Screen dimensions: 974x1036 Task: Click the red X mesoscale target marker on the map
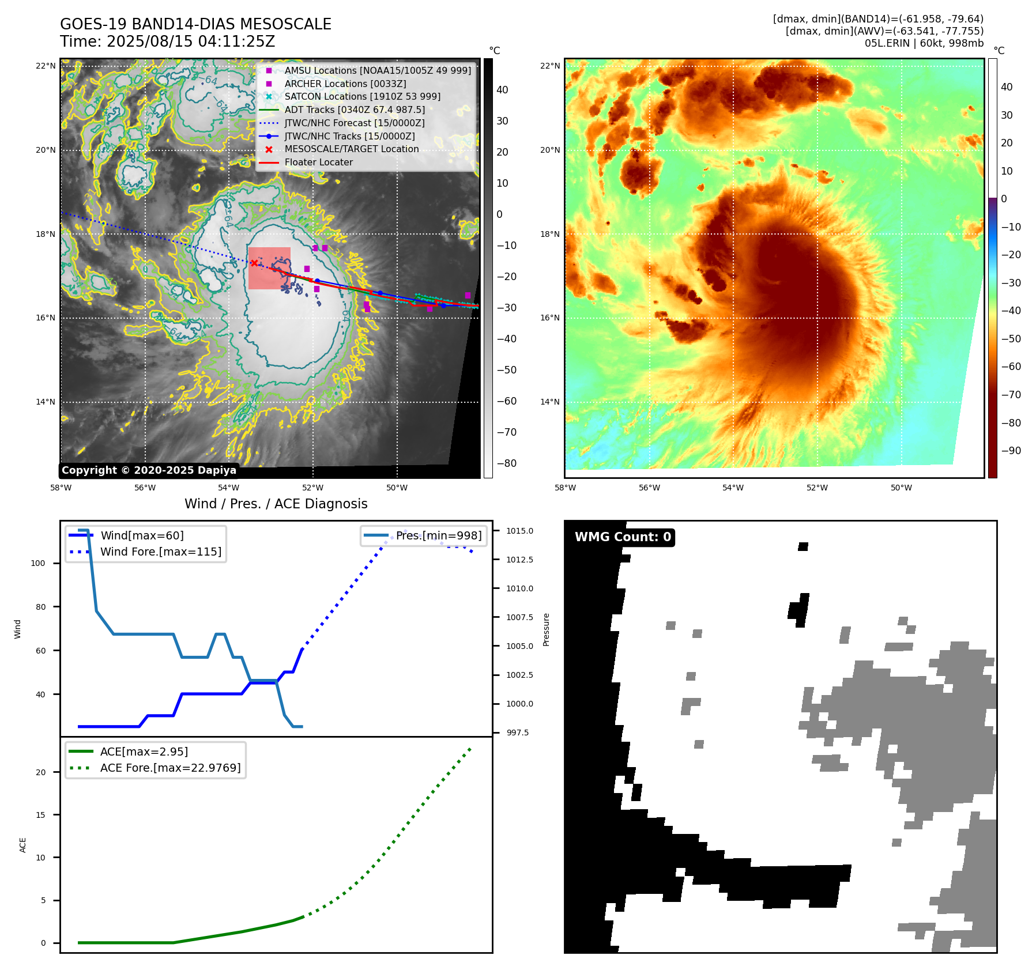(x=254, y=263)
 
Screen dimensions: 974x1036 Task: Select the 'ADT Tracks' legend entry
(x=354, y=110)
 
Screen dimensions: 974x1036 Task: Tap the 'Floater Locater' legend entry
(x=318, y=163)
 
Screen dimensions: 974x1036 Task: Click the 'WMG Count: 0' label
(x=623, y=537)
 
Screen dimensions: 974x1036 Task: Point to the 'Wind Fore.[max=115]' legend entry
(x=160, y=552)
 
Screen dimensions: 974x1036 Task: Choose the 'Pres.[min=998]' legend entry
(x=438, y=536)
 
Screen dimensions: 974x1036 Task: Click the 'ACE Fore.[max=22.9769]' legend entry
(x=170, y=768)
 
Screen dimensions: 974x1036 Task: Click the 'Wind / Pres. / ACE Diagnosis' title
(x=276, y=504)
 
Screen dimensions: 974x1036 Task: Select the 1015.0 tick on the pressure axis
(x=519, y=531)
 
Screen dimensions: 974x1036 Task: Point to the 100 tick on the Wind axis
(x=38, y=563)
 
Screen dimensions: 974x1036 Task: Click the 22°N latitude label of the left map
(x=46, y=66)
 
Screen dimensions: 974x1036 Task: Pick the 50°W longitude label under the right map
(x=901, y=488)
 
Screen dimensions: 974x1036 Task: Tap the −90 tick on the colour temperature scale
(x=1011, y=451)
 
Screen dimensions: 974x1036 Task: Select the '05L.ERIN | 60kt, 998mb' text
(x=924, y=43)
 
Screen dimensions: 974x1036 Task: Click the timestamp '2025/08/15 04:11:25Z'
(x=190, y=42)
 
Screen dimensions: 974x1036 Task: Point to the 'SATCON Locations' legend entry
(x=362, y=97)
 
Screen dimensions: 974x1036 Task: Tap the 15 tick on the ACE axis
(x=41, y=815)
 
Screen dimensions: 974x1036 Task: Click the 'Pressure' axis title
(x=546, y=629)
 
